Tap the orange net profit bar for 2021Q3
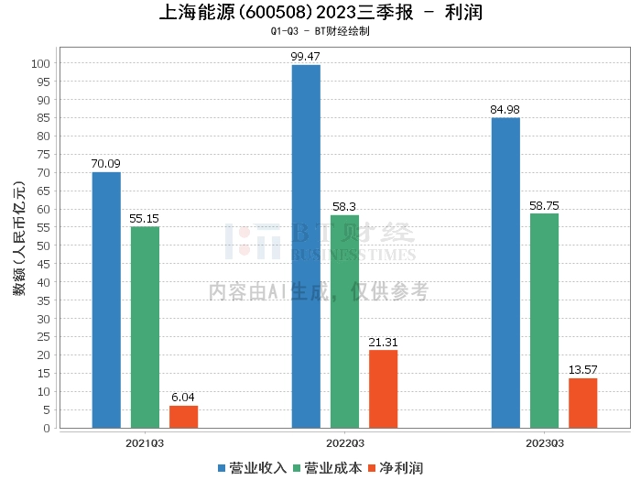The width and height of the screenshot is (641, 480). (x=183, y=416)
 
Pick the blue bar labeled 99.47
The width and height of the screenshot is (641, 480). (x=306, y=246)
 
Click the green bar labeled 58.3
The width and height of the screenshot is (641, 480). (x=344, y=321)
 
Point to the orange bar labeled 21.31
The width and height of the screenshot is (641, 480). (x=383, y=388)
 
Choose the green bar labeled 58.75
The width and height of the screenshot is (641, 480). (x=544, y=321)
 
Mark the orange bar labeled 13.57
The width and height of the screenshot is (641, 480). (x=582, y=402)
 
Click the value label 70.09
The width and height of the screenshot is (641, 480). (x=106, y=164)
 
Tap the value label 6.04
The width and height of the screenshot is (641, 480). (x=183, y=398)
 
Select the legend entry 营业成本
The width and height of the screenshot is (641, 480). (x=331, y=468)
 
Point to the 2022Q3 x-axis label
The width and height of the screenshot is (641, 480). (x=344, y=443)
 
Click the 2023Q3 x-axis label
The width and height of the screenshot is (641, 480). (x=544, y=443)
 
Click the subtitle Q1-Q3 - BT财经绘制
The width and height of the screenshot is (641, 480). (x=320, y=31)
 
